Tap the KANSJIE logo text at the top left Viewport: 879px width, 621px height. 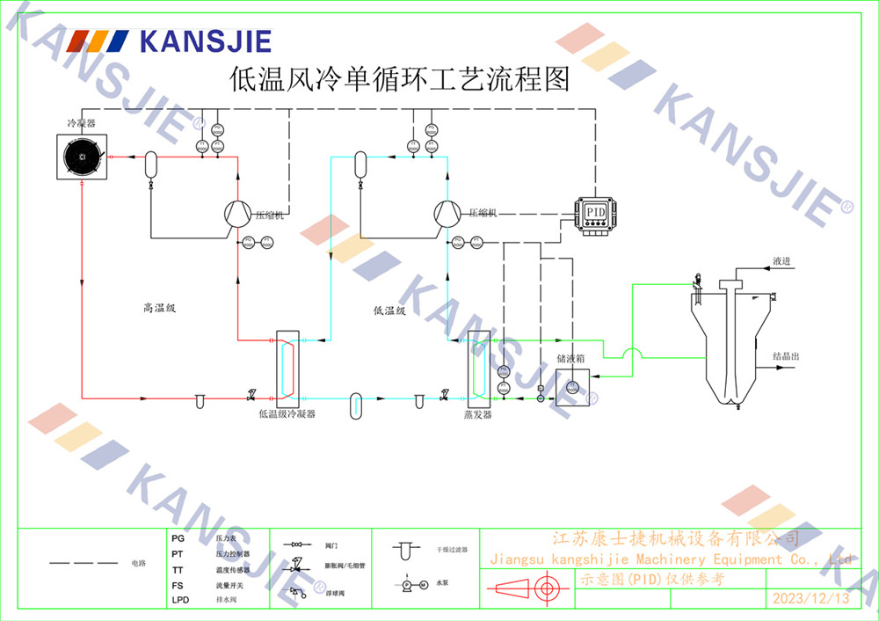(205, 41)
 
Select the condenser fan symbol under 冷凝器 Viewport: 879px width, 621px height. (82, 157)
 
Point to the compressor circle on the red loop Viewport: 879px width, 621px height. (239, 213)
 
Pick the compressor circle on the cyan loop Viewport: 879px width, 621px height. (447, 213)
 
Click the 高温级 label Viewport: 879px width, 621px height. (160, 308)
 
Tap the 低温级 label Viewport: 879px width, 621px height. (389, 310)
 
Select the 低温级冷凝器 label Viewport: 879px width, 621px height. (287, 413)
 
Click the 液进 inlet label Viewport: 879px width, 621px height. (781, 261)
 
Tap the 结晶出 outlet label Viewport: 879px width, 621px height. (786, 356)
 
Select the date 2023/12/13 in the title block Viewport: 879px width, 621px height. (810, 598)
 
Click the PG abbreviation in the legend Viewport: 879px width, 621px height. (178, 537)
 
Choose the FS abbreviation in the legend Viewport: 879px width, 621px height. (178, 585)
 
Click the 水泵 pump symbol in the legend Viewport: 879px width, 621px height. (413, 584)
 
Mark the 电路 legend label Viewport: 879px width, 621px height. (138, 562)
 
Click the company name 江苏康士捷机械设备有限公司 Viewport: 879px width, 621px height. (674, 538)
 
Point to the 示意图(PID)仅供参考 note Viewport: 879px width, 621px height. (651, 579)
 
